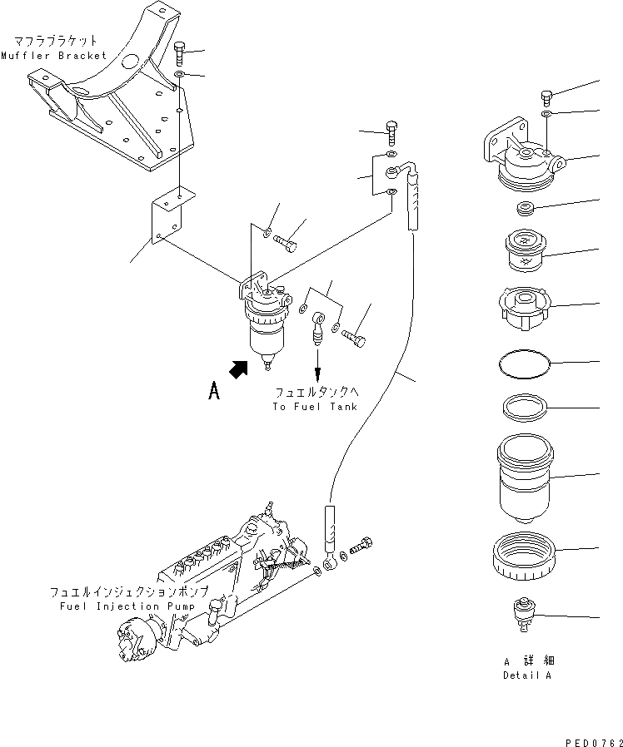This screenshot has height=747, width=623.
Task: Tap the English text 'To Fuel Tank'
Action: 314,407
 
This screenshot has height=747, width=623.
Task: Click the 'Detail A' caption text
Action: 526,675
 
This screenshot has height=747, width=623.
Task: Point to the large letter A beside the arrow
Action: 214,391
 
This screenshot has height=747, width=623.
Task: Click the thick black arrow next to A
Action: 240,369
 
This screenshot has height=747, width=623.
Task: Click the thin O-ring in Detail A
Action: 524,363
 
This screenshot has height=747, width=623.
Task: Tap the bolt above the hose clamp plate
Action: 391,130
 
